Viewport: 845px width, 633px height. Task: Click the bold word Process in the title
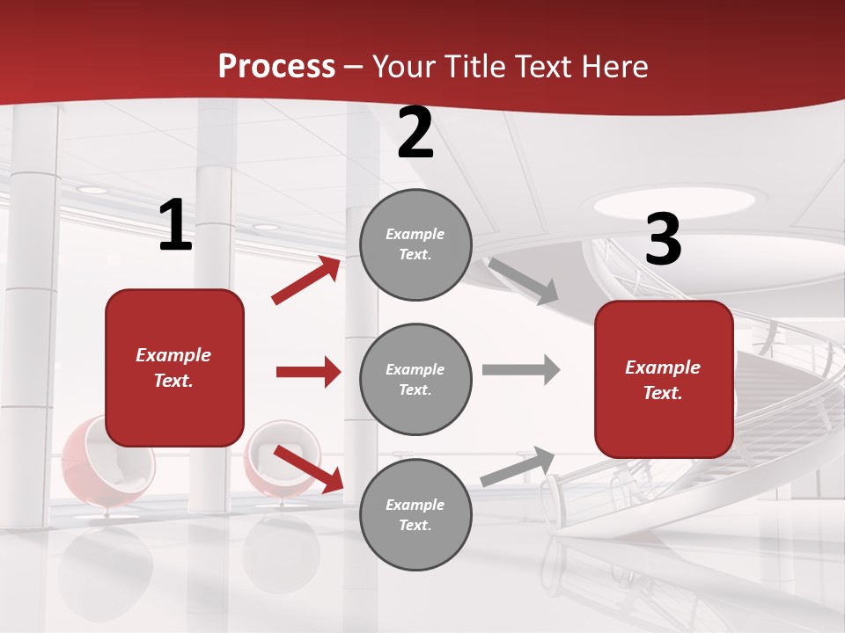276,67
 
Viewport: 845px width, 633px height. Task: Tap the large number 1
175,226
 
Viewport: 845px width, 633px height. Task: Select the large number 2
415,133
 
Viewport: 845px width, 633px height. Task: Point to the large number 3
663,240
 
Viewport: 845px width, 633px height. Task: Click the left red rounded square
174,367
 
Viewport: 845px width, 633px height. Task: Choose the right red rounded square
664,379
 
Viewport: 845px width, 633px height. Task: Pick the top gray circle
415,244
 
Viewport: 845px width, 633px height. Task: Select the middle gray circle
415,379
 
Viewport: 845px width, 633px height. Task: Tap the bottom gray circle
415,514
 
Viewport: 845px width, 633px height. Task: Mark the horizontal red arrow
308,372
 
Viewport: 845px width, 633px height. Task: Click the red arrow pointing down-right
308,469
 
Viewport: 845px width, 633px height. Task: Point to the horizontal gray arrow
521,369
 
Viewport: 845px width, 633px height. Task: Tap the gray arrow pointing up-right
518,466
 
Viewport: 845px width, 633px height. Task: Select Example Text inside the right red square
663,380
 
